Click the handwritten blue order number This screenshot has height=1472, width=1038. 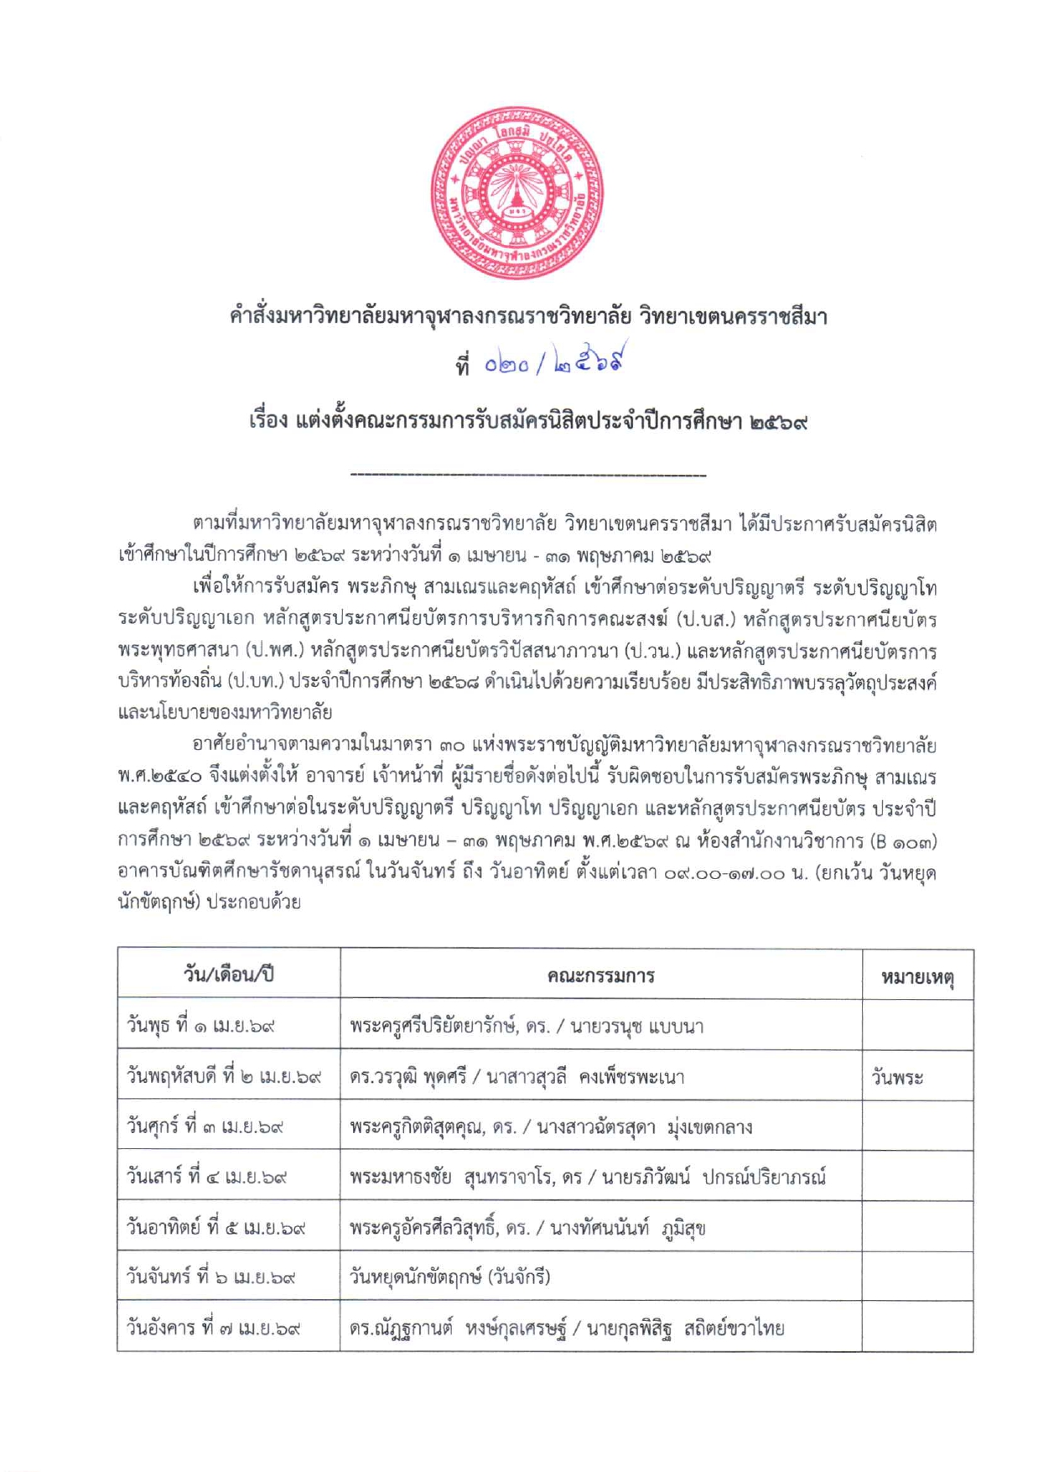pos(554,362)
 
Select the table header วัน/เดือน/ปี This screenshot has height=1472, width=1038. pos(228,975)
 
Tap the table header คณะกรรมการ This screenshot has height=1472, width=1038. pos(600,975)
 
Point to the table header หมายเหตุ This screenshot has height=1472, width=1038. pos(917,976)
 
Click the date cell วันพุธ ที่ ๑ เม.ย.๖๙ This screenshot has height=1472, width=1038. pos(201,1026)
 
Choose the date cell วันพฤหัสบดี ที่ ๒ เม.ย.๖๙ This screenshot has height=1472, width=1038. pos(224,1076)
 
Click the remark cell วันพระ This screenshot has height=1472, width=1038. pos(897,1078)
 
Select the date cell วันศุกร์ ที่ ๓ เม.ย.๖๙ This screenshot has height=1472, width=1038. pos(205,1126)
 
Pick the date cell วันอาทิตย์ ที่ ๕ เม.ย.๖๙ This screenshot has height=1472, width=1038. pos(215,1228)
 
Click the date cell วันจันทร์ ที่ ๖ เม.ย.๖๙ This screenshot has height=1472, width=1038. pos(211,1277)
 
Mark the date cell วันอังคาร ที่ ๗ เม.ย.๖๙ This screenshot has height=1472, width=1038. pos(214,1329)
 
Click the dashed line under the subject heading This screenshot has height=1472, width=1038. pos(528,476)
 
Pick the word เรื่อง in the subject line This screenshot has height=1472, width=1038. pos(268,421)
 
